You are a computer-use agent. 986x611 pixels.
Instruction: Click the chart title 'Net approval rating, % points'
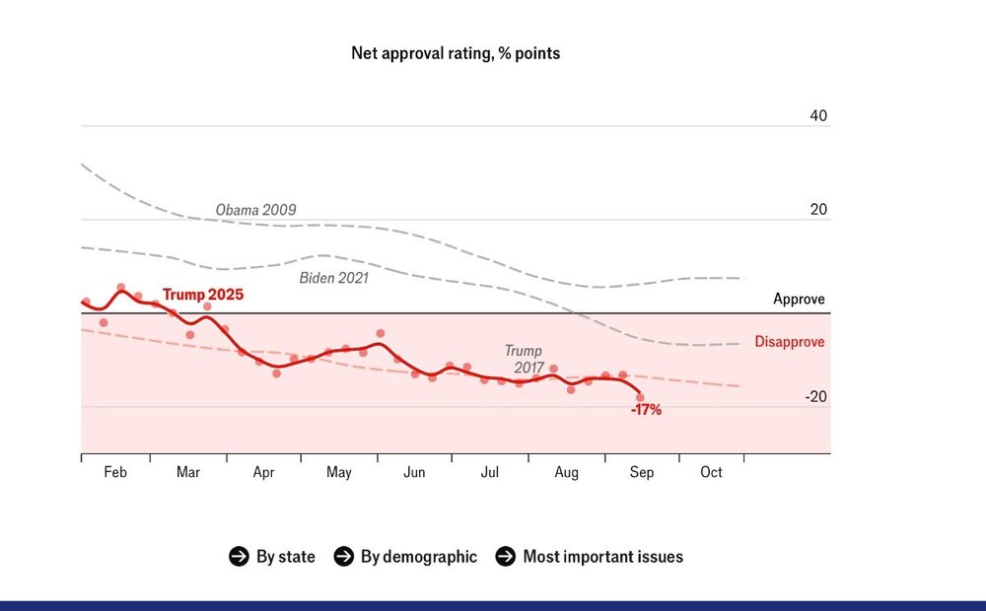tap(456, 53)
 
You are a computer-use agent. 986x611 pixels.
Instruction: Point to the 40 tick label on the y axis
tap(818, 115)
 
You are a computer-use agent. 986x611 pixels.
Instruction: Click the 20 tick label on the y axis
tap(818, 209)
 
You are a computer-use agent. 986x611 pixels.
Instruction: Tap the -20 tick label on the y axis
tap(815, 396)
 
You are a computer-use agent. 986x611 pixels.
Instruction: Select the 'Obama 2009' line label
tap(255, 210)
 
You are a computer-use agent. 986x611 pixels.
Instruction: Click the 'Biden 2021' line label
tap(334, 278)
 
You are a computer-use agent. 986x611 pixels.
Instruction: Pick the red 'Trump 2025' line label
tap(202, 295)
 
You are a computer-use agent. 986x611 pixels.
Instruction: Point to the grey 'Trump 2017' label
tap(525, 359)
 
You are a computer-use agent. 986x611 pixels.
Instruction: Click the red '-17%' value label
tap(646, 410)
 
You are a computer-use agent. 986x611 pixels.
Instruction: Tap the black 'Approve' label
tap(799, 300)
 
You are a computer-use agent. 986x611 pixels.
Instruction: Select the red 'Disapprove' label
tap(789, 342)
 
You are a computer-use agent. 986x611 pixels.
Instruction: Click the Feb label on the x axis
tap(115, 472)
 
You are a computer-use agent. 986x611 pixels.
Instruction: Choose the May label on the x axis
tap(338, 472)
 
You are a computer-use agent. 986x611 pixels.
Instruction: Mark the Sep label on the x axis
tap(642, 472)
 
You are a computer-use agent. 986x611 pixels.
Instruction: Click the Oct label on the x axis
tap(711, 472)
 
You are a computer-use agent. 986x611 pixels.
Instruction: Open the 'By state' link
tap(286, 557)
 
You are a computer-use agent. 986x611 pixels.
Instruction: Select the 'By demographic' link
tap(419, 557)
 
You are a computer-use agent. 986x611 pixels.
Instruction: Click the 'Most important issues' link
tap(603, 557)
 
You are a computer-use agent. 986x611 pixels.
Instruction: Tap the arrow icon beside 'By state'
tap(239, 557)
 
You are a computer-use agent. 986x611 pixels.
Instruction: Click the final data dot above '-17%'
tap(640, 397)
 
